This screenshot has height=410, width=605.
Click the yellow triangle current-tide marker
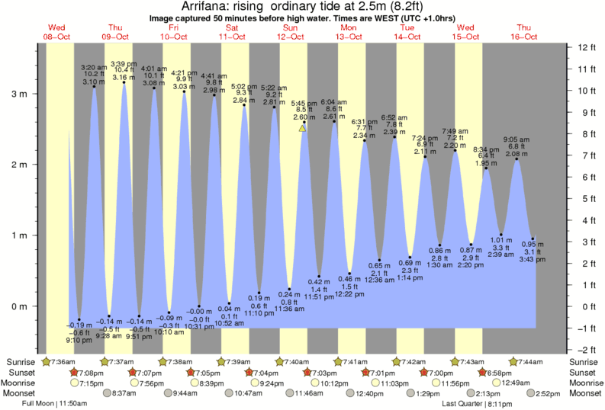pos(303,128)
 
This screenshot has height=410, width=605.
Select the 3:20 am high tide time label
pos(93,68)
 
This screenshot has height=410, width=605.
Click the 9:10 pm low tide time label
pos(79,340)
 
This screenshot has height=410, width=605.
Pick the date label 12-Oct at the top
pos(291,37)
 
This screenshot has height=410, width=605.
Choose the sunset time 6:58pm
pos(500,373)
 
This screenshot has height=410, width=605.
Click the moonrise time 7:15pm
pos(90,383)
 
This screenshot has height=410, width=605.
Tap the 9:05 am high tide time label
pos(517,139)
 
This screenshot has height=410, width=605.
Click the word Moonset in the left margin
pos(22,393)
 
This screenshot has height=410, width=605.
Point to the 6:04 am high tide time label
pos(333,101)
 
